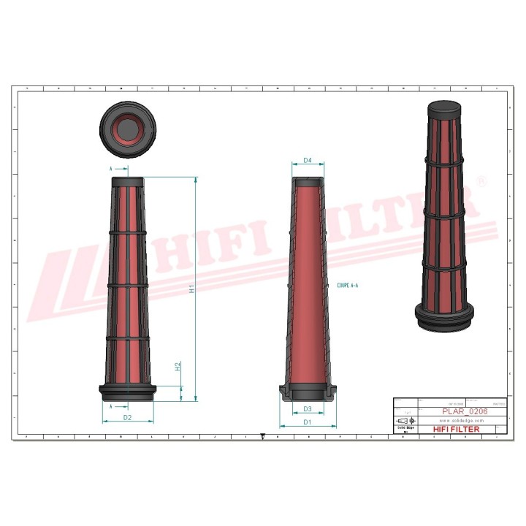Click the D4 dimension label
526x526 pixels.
pos(308,160)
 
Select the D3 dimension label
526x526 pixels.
pos(308,409)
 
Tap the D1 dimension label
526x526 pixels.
pos(308,422)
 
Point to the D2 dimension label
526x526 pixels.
pos(127,417)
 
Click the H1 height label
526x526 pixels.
pos(191,289)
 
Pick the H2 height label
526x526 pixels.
pos(178,367)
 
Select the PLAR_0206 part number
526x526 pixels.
pos(465,411)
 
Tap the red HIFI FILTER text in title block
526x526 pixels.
pos(457,430)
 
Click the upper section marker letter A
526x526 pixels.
pos(111,169)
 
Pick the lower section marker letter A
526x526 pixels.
pos(111,405)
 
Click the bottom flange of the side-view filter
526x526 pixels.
pos(127,391)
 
